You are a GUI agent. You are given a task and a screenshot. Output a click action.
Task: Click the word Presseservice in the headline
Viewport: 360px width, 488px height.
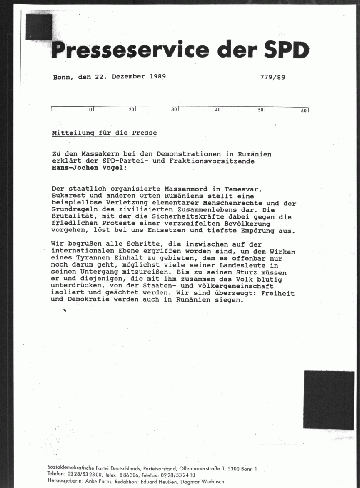tap(130, 50)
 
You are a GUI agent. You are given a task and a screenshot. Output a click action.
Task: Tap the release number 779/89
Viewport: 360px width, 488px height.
tap(272, 77)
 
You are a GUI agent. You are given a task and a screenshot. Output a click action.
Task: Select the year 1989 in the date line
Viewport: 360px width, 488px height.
tap(157, 77)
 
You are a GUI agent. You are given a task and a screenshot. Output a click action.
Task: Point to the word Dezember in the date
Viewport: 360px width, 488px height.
tap(128, 77)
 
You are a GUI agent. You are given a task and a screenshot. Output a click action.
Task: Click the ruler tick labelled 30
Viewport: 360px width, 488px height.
tap(175, 110)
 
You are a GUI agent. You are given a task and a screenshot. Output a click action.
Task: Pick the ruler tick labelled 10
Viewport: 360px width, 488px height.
tap(90, 110)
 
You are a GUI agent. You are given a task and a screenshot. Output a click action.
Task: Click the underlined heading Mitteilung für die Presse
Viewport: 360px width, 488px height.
tap(105, 133)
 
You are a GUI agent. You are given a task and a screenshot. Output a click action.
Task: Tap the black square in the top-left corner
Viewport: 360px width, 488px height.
tap(39, 27)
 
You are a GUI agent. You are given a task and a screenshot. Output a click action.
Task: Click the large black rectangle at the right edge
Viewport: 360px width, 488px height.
tap(329, 400)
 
